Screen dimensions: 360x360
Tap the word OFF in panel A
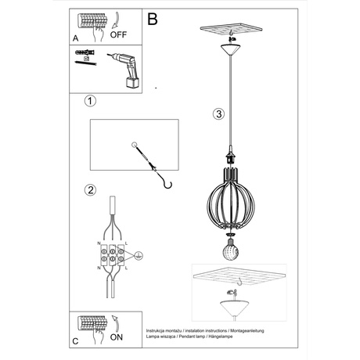[x=118, y=35]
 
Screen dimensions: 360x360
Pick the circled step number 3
[x=218, y=113]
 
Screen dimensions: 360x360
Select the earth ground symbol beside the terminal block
[x=139, y=255]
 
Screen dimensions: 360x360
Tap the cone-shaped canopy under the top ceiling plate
[x=229, y=50]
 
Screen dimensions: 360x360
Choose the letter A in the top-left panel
[x=75, y=37]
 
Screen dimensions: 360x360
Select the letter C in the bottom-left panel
[x=75, y=341]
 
